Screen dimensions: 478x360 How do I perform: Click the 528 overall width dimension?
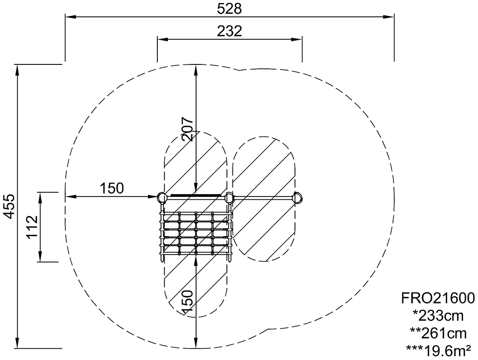229,9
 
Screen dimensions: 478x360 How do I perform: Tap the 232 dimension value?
229,31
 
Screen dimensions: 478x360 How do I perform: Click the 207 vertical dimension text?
187,128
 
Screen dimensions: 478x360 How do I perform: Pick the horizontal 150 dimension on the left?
112,188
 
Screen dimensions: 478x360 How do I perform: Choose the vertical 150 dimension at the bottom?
187,302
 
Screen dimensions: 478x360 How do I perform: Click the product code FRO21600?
438,298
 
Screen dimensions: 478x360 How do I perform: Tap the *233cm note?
438,316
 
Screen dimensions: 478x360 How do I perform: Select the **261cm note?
438,333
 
